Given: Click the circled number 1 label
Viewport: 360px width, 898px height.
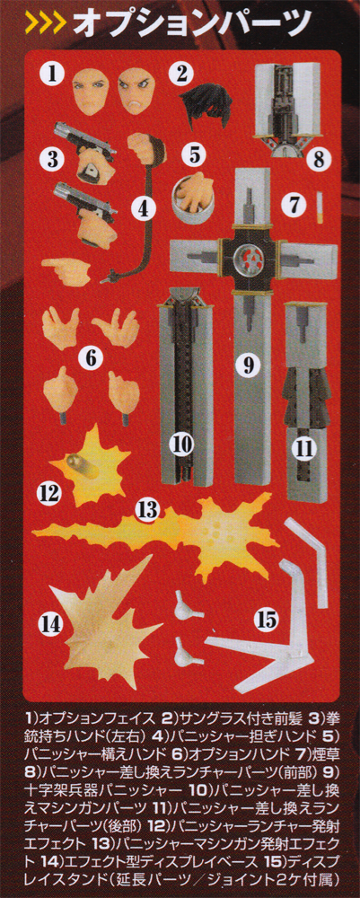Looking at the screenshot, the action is tap(54, 74).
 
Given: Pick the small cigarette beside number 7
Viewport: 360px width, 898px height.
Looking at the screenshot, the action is tap(320, 208).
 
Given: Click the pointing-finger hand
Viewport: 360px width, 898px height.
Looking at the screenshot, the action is tap(66, 270).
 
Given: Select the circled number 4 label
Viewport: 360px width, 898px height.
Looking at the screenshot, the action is tap(145, 209).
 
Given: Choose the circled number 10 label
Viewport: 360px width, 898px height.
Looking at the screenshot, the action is tap(185, 443).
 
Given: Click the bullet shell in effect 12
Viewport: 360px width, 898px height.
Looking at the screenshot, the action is tap(78, 461).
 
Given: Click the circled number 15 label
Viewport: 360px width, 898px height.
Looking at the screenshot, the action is tap(268, 618).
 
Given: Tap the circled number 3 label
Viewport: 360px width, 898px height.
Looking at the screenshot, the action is tap(54, 158).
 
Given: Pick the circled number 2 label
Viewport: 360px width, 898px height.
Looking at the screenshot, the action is tap(182, 73).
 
